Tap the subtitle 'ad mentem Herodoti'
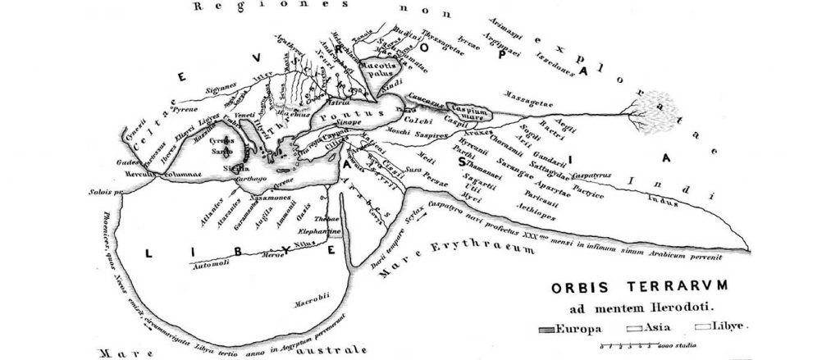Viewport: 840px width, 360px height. (632, 308)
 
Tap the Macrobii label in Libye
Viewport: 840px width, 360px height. (312, 305)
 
